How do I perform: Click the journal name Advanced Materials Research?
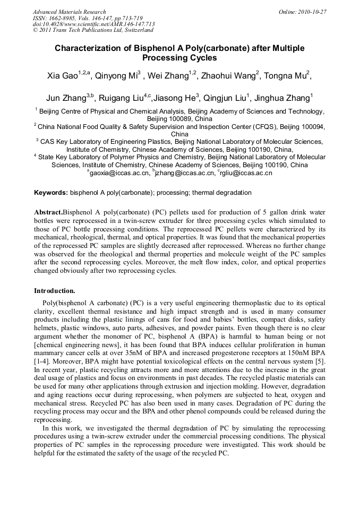[x=69, y=12]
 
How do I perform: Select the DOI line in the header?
[x=93, y=24]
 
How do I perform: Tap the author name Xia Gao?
[x=63, y=76]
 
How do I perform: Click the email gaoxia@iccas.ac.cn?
[x=118, y=173]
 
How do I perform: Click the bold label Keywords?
[x=51, y=193]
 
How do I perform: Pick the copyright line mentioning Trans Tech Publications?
[x=93, y=30]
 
